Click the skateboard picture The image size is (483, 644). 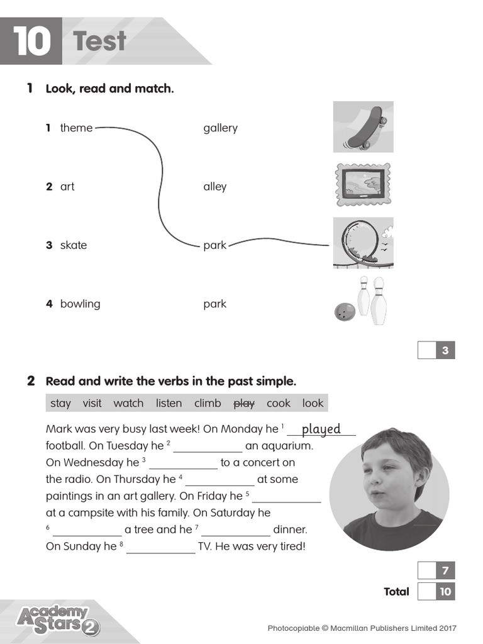tap(364, 128)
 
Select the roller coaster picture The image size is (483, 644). tap(363, 243)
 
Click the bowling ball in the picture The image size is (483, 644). tap(344, 311)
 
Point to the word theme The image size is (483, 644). tap(76, 128)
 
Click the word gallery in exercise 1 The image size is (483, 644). tap(220, 128)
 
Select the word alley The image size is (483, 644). tap(214, 187)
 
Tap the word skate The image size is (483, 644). tap(74, 245)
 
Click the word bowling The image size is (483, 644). tap(80, 304)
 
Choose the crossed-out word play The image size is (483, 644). tap(244, 403)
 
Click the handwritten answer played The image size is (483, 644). tap(321, 429)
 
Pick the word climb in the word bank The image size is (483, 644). tap(208, 403)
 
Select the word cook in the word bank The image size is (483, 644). tap(279, 403)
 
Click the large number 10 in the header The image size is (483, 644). tap(31, 42)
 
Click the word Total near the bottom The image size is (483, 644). tap(396, 592)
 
